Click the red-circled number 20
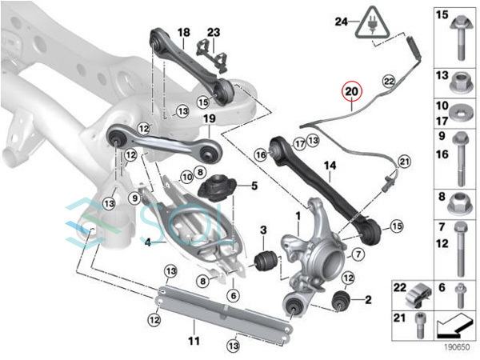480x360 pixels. click(352, 91)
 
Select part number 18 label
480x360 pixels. click(184, 32)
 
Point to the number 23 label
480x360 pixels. click(214, 32)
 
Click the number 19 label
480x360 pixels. click(210, 118)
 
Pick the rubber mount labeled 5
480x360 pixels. click(217, 187)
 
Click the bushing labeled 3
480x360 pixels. click(266, 261)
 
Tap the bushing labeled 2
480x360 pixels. click(341, 301)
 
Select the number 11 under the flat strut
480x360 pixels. click(194, 341)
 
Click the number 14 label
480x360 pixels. click(330, 166)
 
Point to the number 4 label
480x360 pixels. click(148, 243)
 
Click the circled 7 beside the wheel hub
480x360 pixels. click(358, 254)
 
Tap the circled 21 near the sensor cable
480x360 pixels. click(404, 162)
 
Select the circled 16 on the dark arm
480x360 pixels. click(261, 155)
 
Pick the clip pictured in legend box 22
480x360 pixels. click(418, 294)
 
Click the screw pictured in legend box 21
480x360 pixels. click(419, 325)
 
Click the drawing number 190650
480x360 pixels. click(457, 347)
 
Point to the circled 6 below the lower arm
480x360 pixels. click(234, 296)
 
